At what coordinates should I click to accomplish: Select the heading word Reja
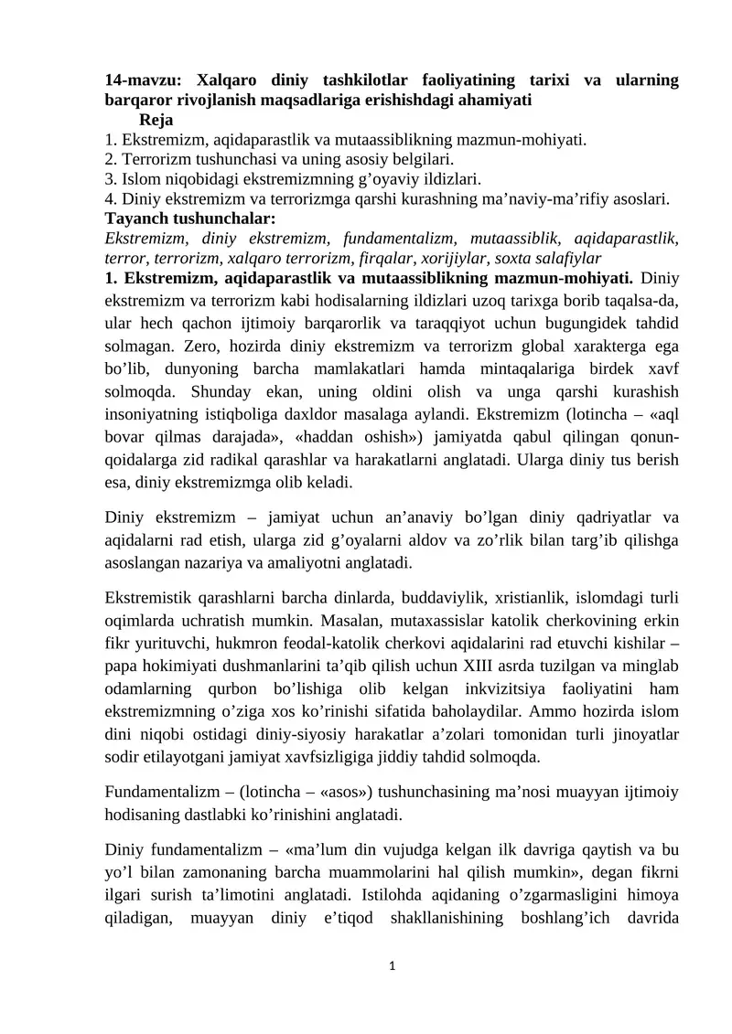click(156, 120)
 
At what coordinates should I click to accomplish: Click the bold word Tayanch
click(138, 219)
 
